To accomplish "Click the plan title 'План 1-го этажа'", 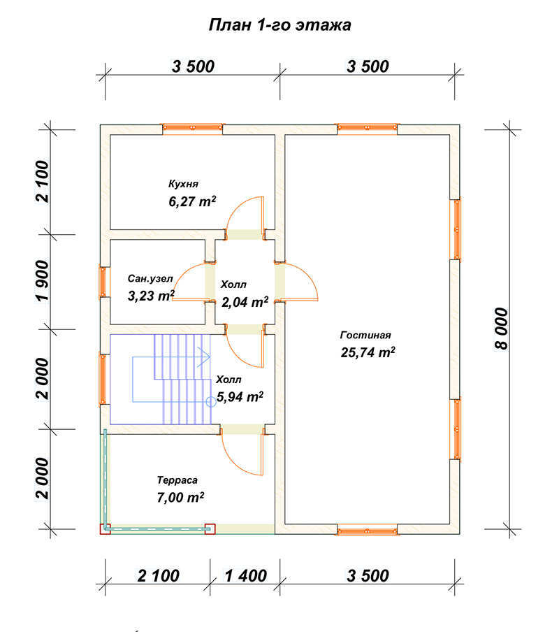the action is click(x=279, y=25).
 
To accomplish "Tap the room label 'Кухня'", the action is click(x=183, y=184).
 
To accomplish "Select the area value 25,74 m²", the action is click(x=368, y=352).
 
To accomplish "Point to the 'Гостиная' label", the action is click(x=365, y=335).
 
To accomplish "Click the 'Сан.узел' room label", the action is click(x=150, y=279).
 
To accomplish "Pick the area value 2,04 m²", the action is click(x=245, y=302).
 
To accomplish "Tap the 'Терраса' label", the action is click(x=177, y=480).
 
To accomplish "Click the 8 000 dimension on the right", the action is click(x=501, y=329).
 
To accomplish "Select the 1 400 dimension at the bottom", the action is click(x=245, y=576).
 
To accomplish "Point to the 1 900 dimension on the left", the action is click(x=43, y=280).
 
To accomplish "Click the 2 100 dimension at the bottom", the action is click(x=158, y=576).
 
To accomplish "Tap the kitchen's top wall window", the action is click(x=192, y=128).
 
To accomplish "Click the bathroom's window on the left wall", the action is click(x=104, y=282).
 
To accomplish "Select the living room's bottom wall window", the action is click(x=368, y=530).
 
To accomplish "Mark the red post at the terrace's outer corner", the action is click(x=105, y=529).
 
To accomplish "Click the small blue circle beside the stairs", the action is click(x=210, y=401).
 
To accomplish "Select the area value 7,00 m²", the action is click(x=180, y=497).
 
